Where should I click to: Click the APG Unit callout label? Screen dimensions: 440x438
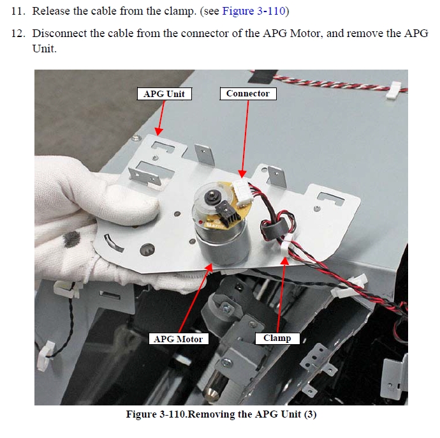(165, 94)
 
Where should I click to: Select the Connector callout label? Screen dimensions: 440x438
(248, 94)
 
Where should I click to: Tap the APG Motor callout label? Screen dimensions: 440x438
(179, 339)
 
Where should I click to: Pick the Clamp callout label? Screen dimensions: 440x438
(277, 338)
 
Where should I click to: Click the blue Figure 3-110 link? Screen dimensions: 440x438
(253, 11)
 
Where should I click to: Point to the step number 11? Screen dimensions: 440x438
(17, 11)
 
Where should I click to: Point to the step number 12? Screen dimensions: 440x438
(17, 33)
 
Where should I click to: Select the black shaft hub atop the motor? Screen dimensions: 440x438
(211, 197)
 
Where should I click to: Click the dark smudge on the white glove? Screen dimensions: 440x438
(71, 239)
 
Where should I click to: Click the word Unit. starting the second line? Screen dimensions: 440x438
(45, 49)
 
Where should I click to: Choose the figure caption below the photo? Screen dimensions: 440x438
(221, 414)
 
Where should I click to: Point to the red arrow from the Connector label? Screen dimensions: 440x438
(245, 139)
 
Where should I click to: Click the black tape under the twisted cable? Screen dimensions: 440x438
(263, 76)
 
